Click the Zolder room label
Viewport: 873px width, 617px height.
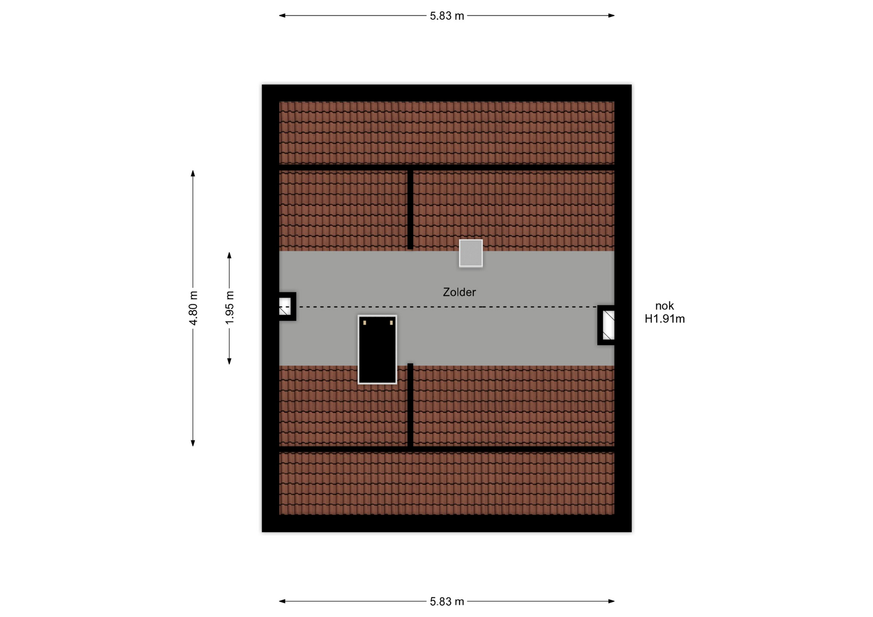(459, 292)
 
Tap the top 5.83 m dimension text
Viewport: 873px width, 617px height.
(447, 16)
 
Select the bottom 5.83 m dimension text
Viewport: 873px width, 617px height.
(447, 602)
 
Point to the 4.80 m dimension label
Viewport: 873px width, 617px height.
(193, 308)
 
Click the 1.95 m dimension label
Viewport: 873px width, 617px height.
(230, 308)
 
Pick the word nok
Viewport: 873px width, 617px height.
(664, 306)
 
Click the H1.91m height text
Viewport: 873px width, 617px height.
(664, 319)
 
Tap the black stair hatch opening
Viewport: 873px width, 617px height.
(377, 349)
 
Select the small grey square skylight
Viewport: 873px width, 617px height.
(471, 253)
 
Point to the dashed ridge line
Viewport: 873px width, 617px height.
(448, 307)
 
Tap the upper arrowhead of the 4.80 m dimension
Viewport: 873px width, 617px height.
(193, 173)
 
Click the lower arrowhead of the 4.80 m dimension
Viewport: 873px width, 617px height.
(193, 443)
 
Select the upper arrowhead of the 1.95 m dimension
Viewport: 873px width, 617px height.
(229, 255)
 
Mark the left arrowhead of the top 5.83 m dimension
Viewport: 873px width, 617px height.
(282, 15)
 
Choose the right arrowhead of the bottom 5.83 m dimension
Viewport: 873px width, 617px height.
(612, 601)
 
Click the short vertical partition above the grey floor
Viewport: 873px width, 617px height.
(410, 209)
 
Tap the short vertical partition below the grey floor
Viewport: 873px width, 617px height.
(410, 405)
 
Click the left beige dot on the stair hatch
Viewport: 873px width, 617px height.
(365, 323)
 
